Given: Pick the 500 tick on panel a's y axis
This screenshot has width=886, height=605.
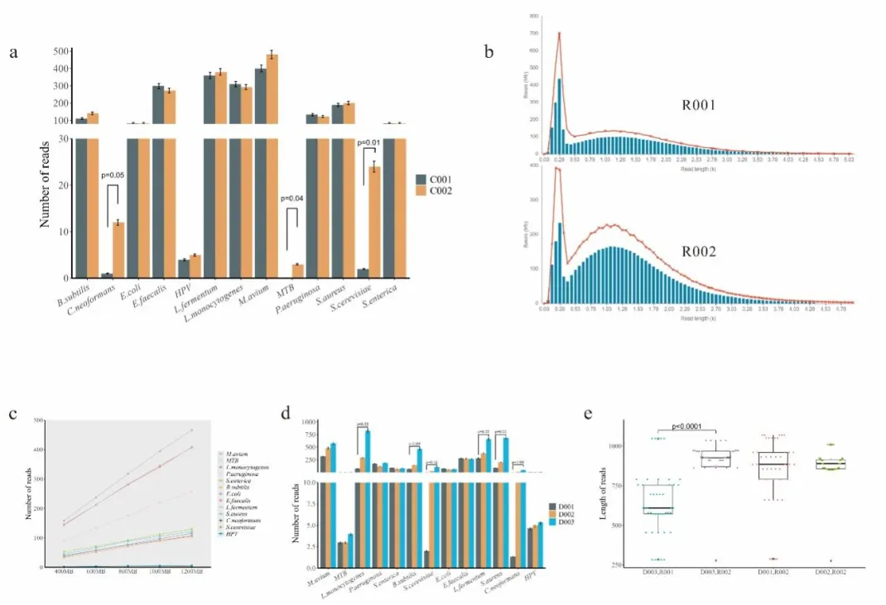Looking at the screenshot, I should point(59,51).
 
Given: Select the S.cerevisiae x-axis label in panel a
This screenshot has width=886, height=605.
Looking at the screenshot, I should point(358,299).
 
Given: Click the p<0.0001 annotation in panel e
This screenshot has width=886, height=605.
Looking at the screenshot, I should point(689,427).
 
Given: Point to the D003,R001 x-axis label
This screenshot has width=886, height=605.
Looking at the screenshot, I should point(657,573).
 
